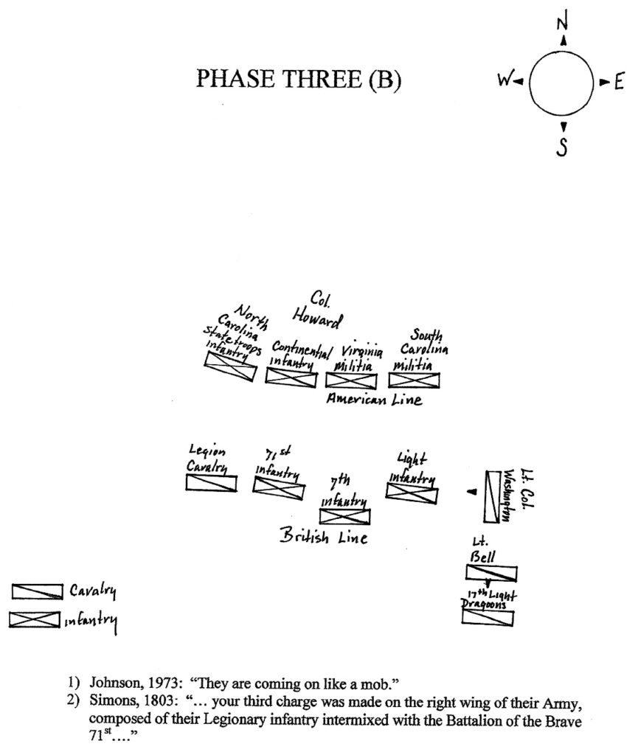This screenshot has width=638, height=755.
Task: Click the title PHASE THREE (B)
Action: point(299,80)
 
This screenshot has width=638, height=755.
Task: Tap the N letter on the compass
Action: point(563,24)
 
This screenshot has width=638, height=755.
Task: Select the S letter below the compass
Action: point(562,147)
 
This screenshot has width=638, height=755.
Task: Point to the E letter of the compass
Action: point(618,83)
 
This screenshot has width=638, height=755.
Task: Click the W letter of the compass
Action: point(503,83)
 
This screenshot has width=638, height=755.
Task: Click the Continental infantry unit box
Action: point(291,377)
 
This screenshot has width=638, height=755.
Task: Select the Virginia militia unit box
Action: point(351,380)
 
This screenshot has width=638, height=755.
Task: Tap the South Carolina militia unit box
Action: point(414,380)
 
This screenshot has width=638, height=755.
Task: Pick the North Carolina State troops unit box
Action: point(231,366)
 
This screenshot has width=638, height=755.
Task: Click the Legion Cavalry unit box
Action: point(211,483)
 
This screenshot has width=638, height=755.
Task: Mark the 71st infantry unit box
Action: point(278,487)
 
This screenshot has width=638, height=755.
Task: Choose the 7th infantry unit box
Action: point(344,515)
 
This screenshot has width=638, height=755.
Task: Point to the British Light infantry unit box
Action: point(412,493)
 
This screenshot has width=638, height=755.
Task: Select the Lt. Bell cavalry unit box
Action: point(491,573)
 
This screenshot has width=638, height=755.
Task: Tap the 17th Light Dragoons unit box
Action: point(488,617)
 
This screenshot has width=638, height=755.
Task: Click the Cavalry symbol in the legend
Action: point(35,591)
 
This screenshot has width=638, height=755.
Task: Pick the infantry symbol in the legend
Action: point(35,620)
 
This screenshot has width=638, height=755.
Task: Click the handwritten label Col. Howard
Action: point(316,312)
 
